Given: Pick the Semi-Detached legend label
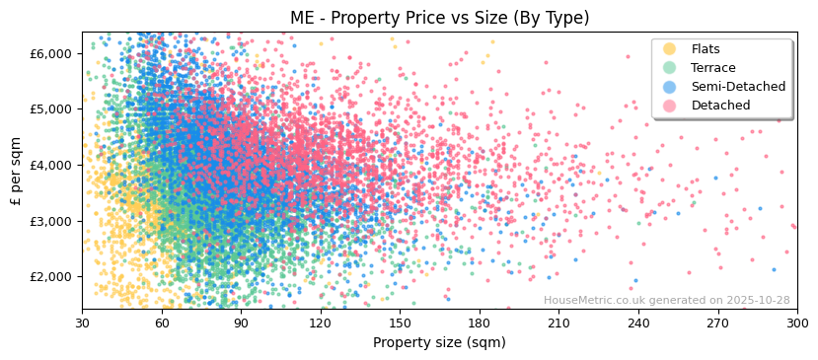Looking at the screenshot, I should pyautogui.click(x=738, y=87).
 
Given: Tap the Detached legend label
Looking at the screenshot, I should pyautogui.click(x=720, y=106).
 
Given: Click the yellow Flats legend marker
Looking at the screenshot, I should pyautogui.click(x=670, y=49).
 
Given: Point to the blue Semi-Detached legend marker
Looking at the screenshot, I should pyautogui.click(x=670, y=87).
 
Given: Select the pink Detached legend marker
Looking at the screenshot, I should pyautogui.click(x=670, y=106).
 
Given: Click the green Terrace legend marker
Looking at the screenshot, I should pyautogui.click(x=670, y=68).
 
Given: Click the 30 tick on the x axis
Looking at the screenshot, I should pyautogui.click(x=82, y=323).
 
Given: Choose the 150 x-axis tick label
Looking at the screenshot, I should pyautogui.click(x=400, y=323).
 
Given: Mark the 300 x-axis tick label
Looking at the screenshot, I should pyautogui.click(x=796, y=323).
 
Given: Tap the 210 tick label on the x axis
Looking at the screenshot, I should pyautogui.click(x=558, y=323).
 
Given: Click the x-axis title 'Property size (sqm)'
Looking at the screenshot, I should pyautogui.click(x=439, y=342).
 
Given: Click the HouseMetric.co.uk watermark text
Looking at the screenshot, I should pyautogui.click(x=666, y=300).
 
